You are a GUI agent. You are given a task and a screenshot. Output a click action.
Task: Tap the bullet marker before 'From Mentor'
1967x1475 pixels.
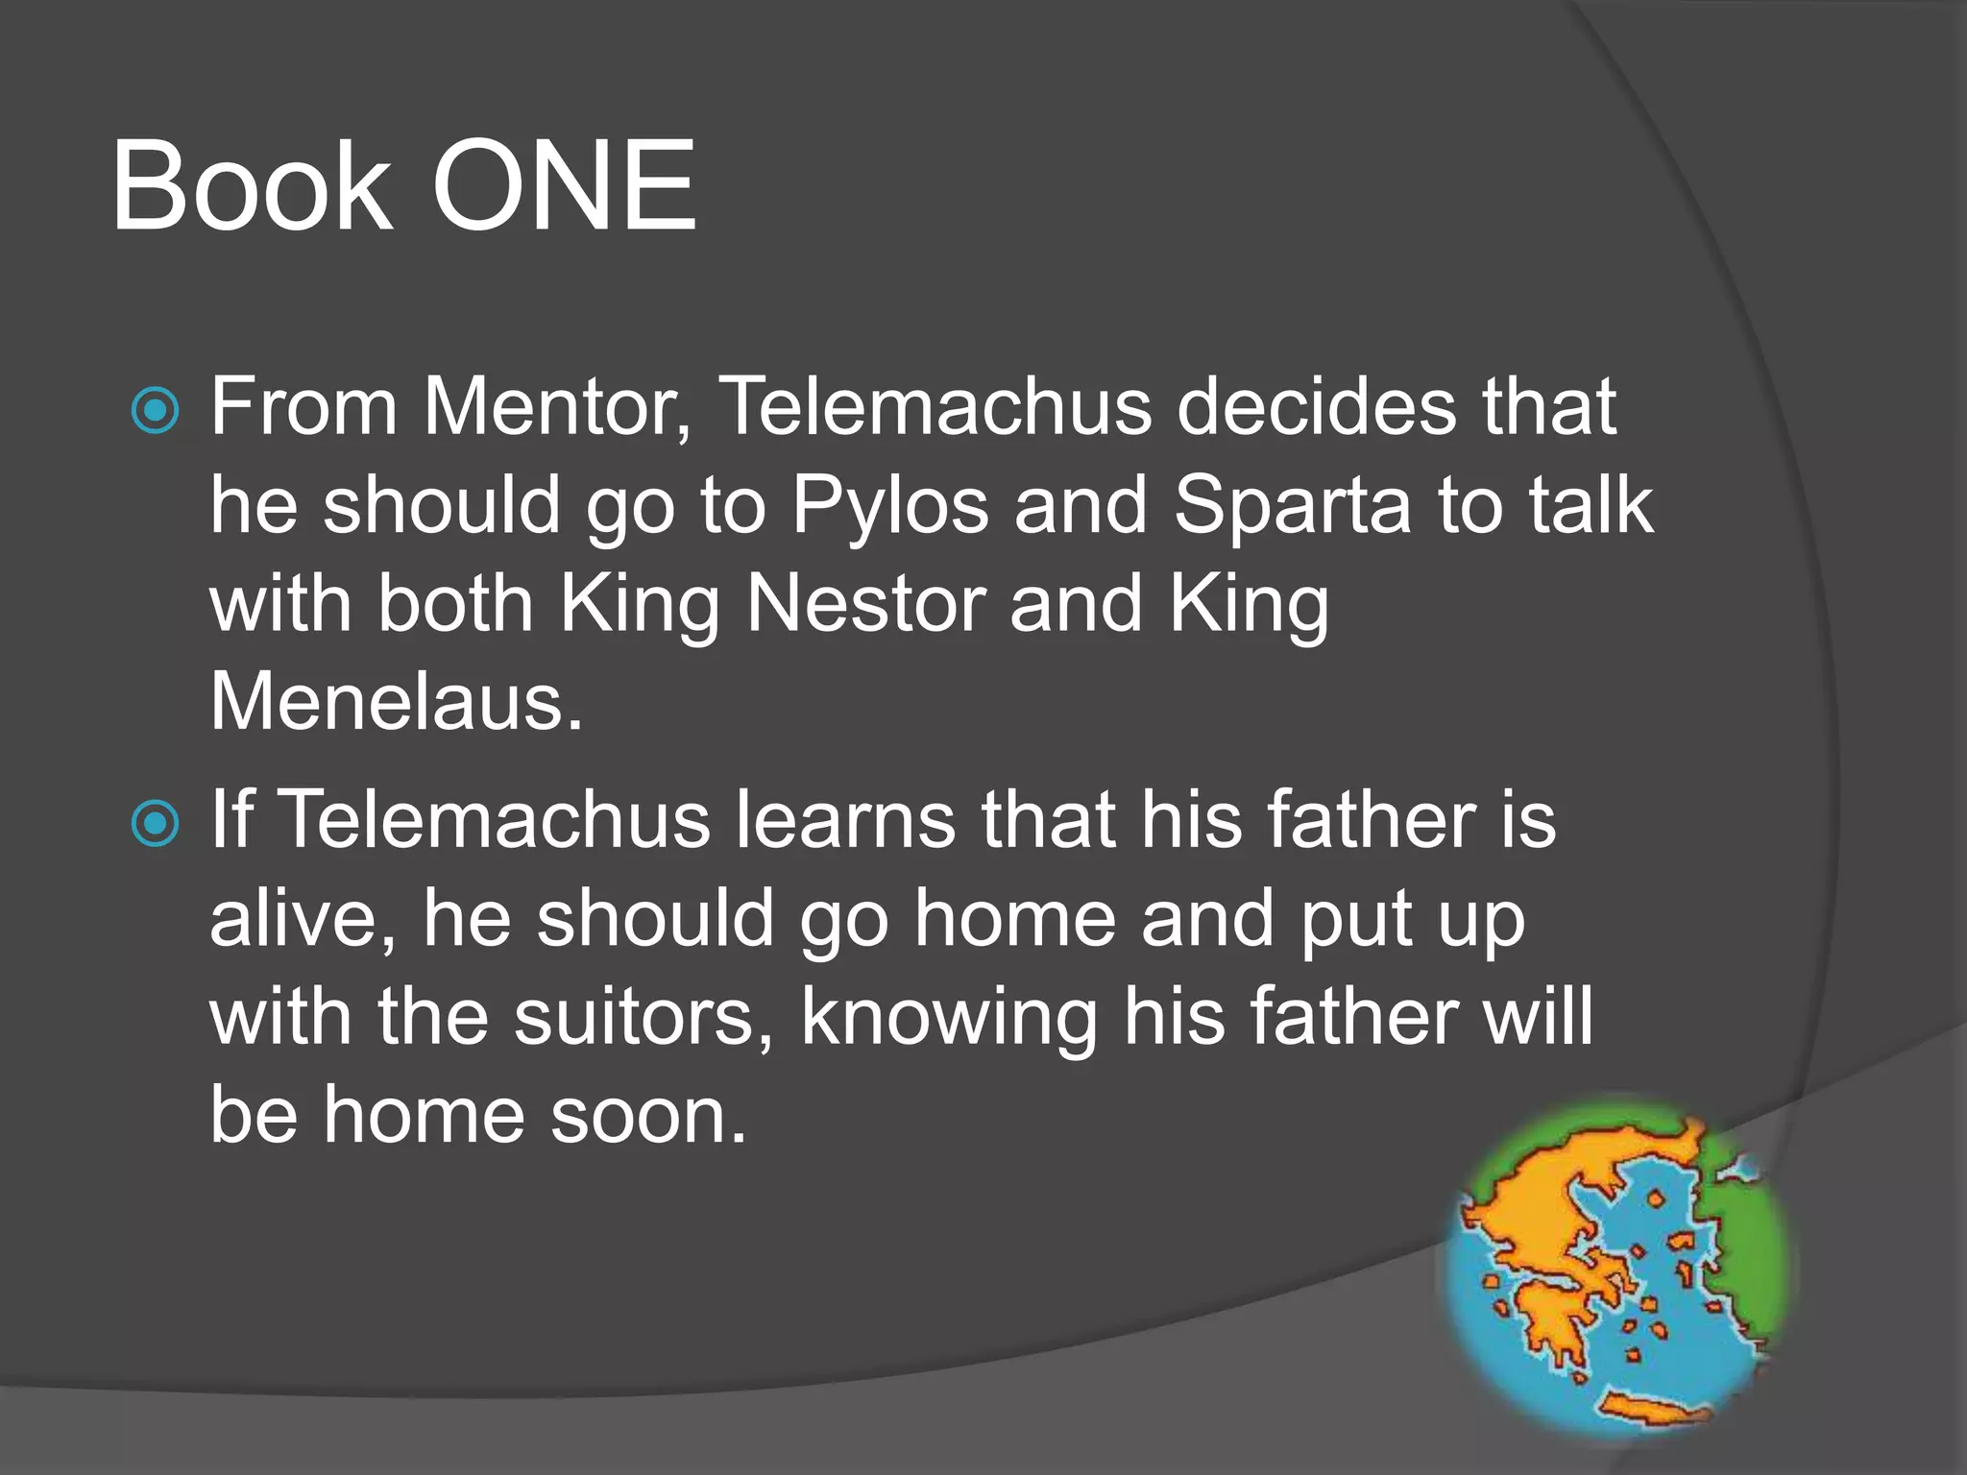pyautogui.click(x=155, y=411)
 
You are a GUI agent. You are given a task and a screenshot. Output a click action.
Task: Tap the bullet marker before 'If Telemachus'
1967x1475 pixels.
pyautogui.click(x=155, y=824)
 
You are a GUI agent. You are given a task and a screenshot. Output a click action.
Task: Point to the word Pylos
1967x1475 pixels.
pyautogui.click(x=889, y=506)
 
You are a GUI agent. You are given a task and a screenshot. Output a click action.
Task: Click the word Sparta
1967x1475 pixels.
pyautogui.click(x=1293, y=506)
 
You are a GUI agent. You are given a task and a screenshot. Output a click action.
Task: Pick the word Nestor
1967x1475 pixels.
pyautogui.click(x=865, y=605)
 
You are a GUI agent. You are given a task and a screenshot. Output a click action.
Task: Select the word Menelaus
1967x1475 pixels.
pyautogui.click(x=396, y=703)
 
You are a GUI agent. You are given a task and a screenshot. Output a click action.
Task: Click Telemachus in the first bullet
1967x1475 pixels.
pyautogui.click(x=935, y=407)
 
